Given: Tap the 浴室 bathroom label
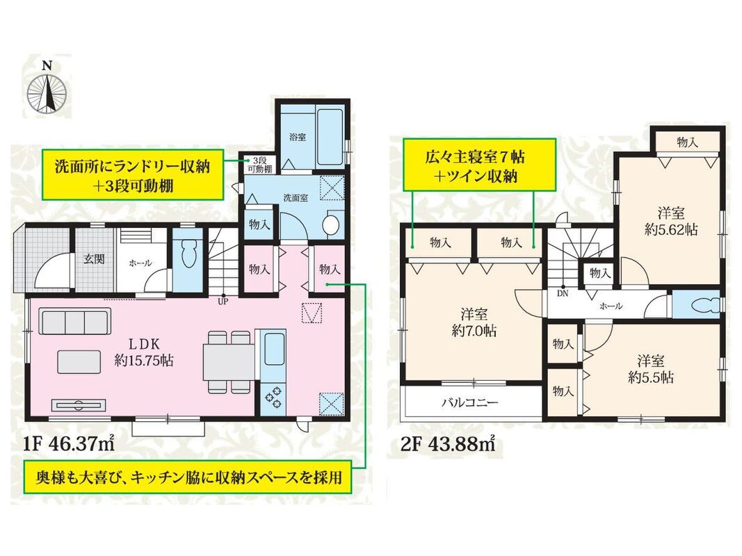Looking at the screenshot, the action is point(297,137).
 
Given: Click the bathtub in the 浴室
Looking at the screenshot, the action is point(330,137).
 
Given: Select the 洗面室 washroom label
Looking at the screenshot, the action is point(296,197).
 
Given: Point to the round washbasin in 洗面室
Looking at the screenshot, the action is point(331,224).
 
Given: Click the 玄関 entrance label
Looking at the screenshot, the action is point(94,259).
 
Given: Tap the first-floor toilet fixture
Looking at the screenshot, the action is point(188,255).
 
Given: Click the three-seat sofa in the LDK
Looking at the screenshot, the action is point(75,322).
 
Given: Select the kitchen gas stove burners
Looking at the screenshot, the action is point(273,398).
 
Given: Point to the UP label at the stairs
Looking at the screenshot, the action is point(223,301).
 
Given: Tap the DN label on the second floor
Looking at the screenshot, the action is point(562,293).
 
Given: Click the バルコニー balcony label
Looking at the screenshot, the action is point(470,403).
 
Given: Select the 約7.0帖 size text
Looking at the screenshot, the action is point(474,331).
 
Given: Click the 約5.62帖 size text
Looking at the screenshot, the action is point(670,230).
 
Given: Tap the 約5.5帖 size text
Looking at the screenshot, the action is point(651,377).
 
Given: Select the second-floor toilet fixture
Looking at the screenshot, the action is point(704,305).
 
